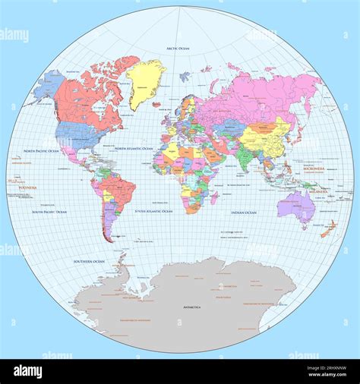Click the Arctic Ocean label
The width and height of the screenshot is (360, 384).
177,49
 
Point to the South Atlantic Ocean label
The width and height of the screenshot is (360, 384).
153,211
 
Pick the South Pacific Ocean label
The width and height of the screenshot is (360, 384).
49,212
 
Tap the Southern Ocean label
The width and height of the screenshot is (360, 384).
89,261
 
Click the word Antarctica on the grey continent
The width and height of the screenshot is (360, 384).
191,307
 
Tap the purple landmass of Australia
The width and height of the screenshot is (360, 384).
295,203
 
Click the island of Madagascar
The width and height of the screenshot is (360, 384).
215,198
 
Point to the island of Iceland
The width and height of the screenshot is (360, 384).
156,105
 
